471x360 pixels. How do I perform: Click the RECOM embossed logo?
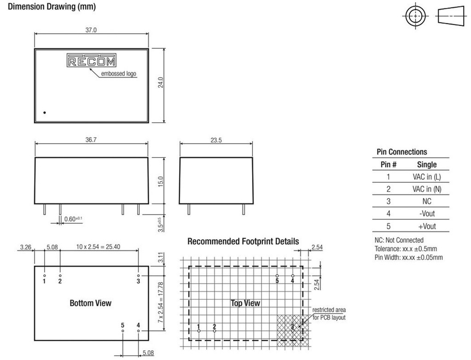coord(92,60)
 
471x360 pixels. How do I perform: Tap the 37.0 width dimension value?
coord(91,30)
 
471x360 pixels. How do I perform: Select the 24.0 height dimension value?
coord(161,82)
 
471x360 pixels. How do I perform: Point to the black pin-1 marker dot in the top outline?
coord(45,112)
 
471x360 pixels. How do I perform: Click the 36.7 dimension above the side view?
coord(91,140)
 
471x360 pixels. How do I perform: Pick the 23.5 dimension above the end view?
coord(216,140)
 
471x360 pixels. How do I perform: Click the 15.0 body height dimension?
coord(161,181)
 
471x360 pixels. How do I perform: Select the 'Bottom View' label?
coord(91,303)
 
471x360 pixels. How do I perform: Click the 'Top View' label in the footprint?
coord(245,303)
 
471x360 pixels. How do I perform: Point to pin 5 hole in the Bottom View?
coord(123,331)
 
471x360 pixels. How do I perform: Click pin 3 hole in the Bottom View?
coord(138,275)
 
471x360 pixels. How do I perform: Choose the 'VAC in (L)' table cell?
coord(426,177)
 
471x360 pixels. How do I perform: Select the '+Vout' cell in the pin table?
coord(427,226)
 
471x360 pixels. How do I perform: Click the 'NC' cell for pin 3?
coord(426,201)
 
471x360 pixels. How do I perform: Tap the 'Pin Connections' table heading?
coord(402,152)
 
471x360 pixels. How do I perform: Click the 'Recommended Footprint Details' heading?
coord(243,241)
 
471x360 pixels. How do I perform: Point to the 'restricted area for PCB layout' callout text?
coord(329,314)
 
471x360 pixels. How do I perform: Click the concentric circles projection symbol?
coord(415,16)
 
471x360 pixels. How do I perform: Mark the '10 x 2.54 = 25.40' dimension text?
coord(98,247)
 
